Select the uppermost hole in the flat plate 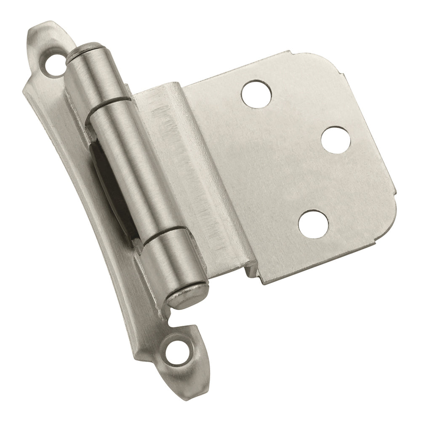[x=256, y=92]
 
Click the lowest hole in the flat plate [x=313, y=223]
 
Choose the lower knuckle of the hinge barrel [x=171, y=257]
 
